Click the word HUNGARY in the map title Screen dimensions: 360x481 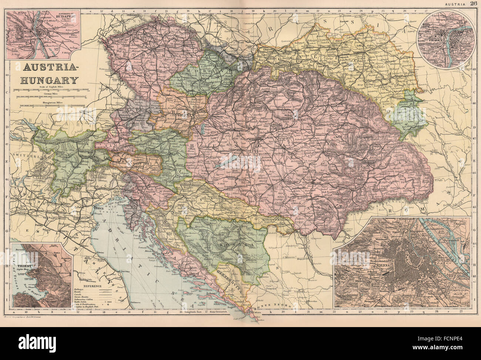coord(49,80)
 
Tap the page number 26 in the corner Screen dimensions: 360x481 coord(474,4)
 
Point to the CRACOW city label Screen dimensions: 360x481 coord(263,49)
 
